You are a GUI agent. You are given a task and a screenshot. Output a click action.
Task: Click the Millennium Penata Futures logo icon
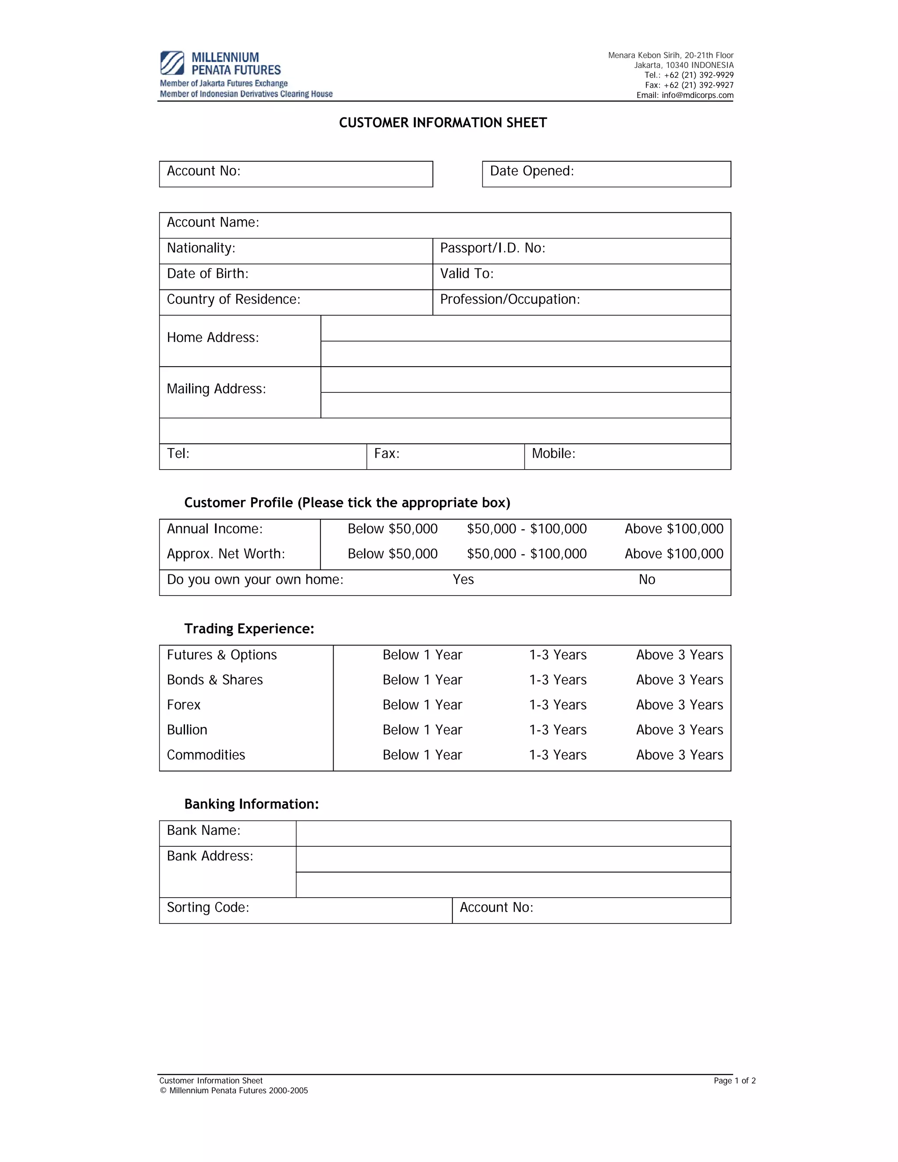point(172,63)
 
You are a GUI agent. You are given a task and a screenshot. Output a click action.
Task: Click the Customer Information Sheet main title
point(442,123)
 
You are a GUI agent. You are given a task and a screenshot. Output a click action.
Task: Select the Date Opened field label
point(531,171)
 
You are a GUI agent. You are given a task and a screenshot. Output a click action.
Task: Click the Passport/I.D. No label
point(492,248)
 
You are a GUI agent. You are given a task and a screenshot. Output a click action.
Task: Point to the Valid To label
point(467,274)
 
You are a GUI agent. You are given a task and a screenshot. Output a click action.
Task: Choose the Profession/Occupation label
point(510,299)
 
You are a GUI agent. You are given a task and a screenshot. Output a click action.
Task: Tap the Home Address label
point(213,337)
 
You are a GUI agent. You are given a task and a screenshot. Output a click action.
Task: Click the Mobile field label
point(553,453)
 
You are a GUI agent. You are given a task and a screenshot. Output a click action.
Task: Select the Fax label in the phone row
point(387,453)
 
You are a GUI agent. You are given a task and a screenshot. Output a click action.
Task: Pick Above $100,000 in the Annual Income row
point(673,529)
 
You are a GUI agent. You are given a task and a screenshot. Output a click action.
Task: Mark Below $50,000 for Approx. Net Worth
point(392,554)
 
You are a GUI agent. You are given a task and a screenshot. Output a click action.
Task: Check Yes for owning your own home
point(463,579)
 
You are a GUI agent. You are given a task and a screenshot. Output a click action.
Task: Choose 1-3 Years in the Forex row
point(558,705)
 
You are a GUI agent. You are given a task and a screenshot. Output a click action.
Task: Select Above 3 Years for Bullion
point(679,730)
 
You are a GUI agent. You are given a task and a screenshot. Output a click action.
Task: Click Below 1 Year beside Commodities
point(422,755)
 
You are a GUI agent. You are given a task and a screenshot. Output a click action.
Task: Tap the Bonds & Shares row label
point(214,680)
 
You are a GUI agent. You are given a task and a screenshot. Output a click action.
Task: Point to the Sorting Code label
point(208,907)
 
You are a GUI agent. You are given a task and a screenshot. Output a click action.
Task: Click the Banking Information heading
point(251,804)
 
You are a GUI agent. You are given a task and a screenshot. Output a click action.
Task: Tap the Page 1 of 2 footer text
point(734,1080)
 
